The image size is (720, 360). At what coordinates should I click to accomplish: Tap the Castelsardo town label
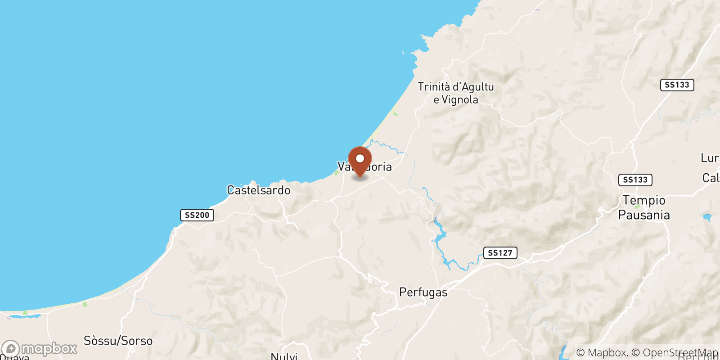coord(258,190)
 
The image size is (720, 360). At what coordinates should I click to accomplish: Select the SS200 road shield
coord(197,215)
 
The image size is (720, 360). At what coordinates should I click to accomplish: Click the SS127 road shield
coord(500,253)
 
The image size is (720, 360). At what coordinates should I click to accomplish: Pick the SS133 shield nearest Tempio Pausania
coord(635,180)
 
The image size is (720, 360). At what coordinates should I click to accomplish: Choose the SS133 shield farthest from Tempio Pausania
coord(677,85)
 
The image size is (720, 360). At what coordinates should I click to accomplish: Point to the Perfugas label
coord(423,292)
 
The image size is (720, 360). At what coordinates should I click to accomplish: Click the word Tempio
coord(643,200)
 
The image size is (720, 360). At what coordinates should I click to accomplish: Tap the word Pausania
coord(643,215)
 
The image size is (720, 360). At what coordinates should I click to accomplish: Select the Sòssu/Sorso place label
coord(118,341)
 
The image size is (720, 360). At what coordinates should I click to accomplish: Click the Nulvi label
coord(284,356)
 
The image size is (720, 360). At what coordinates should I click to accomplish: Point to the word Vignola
coord(460,100)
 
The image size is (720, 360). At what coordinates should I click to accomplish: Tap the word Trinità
coord(434,87)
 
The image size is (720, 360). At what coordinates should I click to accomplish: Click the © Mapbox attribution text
coord(601,353)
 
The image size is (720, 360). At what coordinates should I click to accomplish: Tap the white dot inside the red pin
coord(360,158)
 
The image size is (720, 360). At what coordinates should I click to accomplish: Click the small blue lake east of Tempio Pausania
coord(707,218)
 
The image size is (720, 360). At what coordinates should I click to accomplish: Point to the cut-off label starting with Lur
coord(710,158)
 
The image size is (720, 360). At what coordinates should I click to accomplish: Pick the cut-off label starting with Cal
coord(711,178)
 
